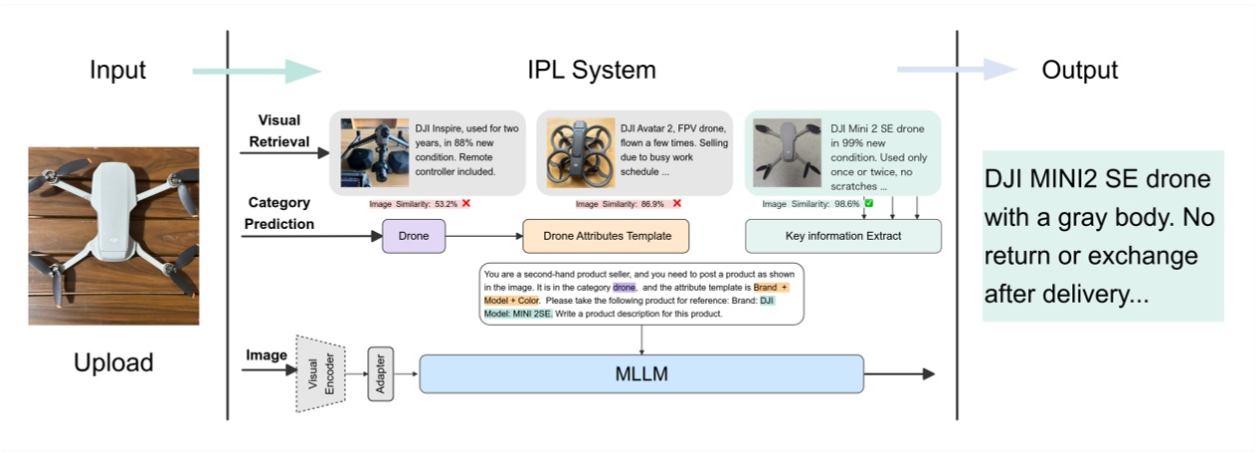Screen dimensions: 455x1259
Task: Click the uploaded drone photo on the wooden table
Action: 113,236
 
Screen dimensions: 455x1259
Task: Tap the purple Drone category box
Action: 414,237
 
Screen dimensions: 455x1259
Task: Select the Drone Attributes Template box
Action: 606,237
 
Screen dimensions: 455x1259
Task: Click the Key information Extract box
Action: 842,236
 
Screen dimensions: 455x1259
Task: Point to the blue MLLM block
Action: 641,373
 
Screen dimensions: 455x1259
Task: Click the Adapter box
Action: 381,374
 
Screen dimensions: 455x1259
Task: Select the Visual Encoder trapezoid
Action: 321,373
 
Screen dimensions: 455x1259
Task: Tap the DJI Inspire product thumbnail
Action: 374,152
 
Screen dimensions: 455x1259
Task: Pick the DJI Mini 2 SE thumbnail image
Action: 787,152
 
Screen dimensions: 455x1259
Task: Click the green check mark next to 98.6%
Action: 868,204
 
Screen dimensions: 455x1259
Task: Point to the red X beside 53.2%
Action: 465,204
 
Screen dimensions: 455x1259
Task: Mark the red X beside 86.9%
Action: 676,204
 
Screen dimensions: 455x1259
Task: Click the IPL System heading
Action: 591,71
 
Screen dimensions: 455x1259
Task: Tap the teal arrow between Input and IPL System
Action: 257,71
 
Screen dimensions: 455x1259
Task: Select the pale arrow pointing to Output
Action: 955,70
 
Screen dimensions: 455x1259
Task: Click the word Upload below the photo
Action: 113,362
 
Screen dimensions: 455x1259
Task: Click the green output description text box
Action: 1103,235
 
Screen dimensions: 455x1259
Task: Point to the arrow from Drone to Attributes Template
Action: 483,237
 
